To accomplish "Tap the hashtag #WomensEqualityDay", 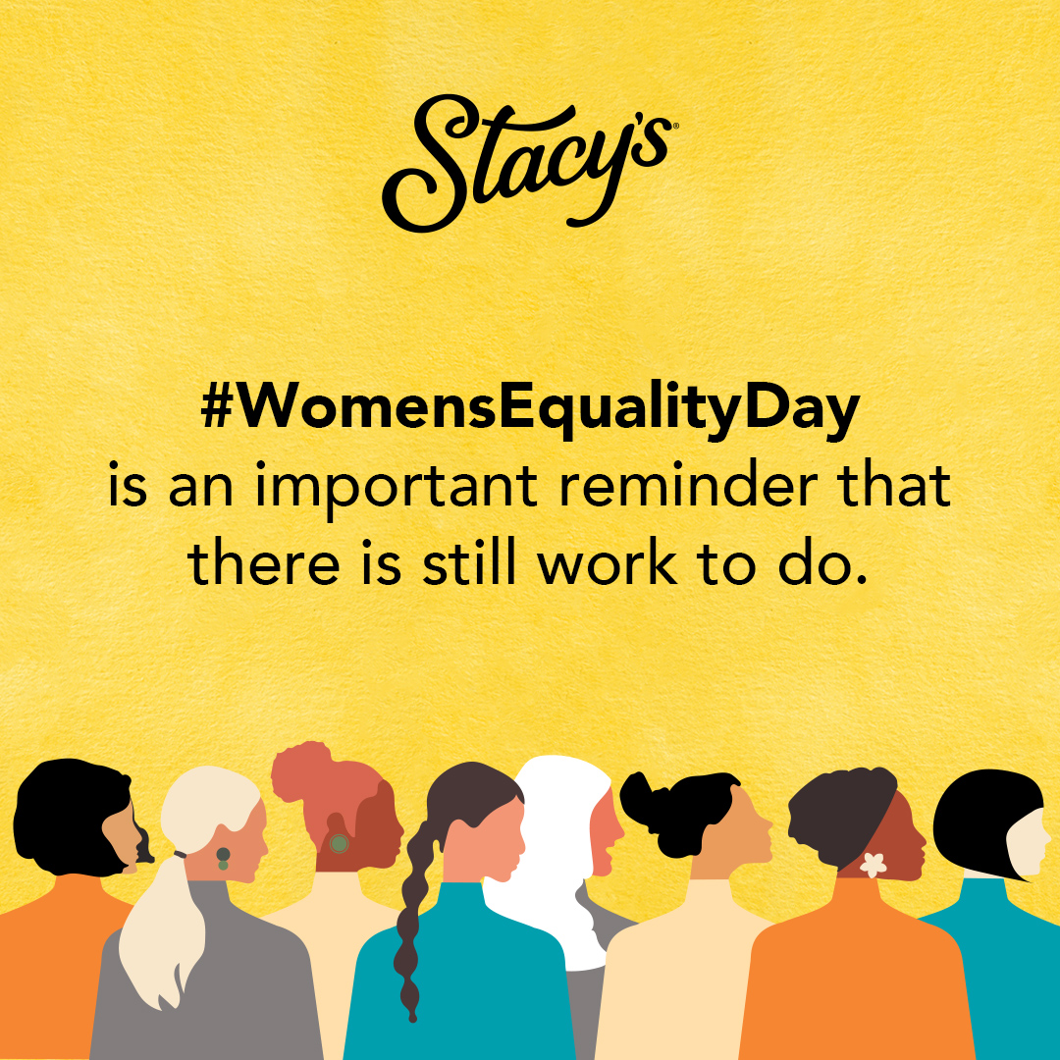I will tap(530, 409).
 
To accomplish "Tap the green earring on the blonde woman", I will tap(223, 857).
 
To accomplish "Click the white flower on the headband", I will tap(872, 865).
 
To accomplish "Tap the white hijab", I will tap(550, 844).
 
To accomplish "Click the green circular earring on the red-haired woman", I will tap(339, 842).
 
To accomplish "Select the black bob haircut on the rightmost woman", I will tap(981, 815).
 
